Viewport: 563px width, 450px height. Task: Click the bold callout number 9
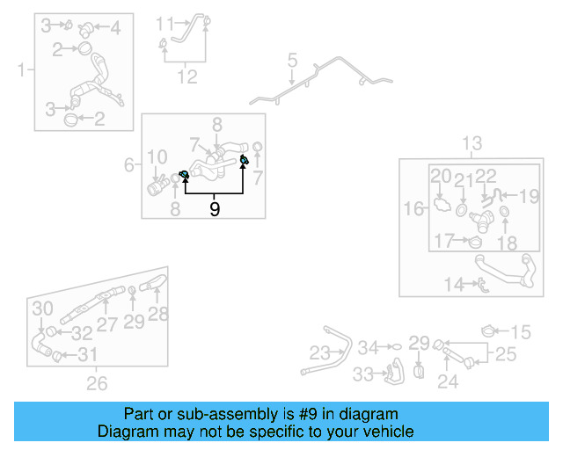215,209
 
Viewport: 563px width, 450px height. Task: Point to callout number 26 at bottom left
97,383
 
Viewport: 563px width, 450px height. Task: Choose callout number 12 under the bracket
186,77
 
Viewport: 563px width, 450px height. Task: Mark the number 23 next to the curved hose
318,353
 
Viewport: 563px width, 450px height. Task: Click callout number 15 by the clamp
521,331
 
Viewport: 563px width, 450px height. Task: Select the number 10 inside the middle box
157,158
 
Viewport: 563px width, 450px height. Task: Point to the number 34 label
368,347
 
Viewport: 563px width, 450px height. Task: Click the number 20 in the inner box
441,177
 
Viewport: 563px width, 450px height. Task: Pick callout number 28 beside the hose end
158,314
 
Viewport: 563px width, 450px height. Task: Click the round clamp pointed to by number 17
475,243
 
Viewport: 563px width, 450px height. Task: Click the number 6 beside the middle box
130,164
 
